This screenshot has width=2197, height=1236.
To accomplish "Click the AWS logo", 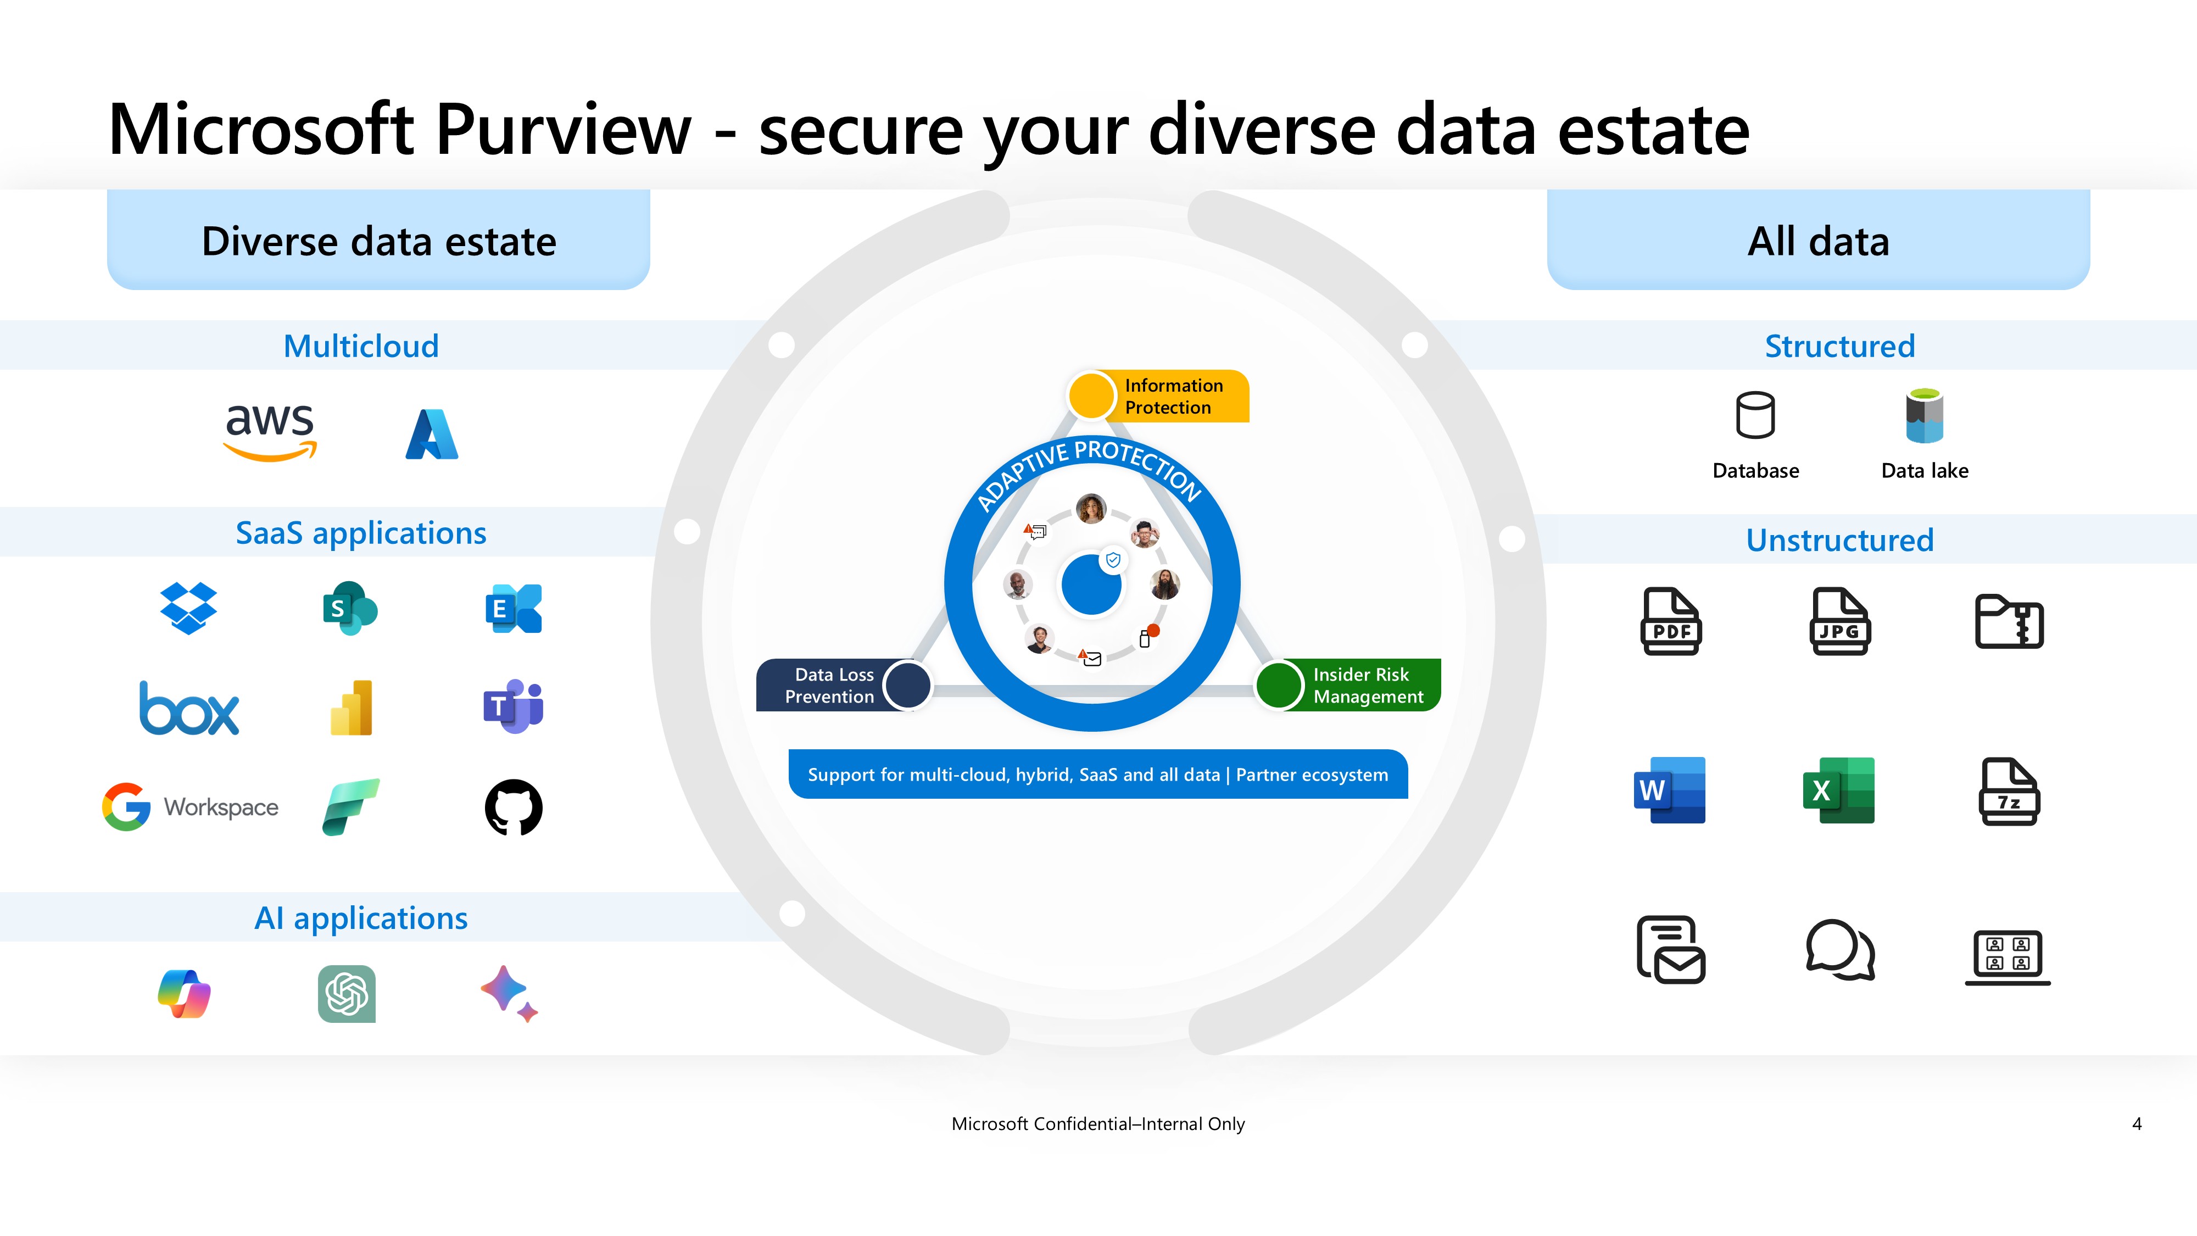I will point(270,432).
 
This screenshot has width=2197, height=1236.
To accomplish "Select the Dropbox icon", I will point(188,608).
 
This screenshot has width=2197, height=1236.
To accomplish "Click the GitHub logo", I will point(514,807).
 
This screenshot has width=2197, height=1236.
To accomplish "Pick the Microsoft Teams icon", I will point(514,706).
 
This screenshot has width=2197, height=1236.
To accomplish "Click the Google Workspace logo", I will point(190,807).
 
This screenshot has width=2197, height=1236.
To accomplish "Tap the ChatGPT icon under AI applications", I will point(347,994).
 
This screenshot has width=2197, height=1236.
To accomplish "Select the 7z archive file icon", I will point(2009,792).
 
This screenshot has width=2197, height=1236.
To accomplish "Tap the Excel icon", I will point(1839,790).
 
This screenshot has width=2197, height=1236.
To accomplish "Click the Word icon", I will point(1670,790).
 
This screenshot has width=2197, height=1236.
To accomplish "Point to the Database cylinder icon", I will point(1755,415).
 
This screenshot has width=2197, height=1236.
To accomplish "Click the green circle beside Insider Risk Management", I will point(1279,685).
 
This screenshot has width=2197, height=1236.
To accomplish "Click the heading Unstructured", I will point(1839,540).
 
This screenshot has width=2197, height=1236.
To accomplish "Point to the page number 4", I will point(2137,1124).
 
